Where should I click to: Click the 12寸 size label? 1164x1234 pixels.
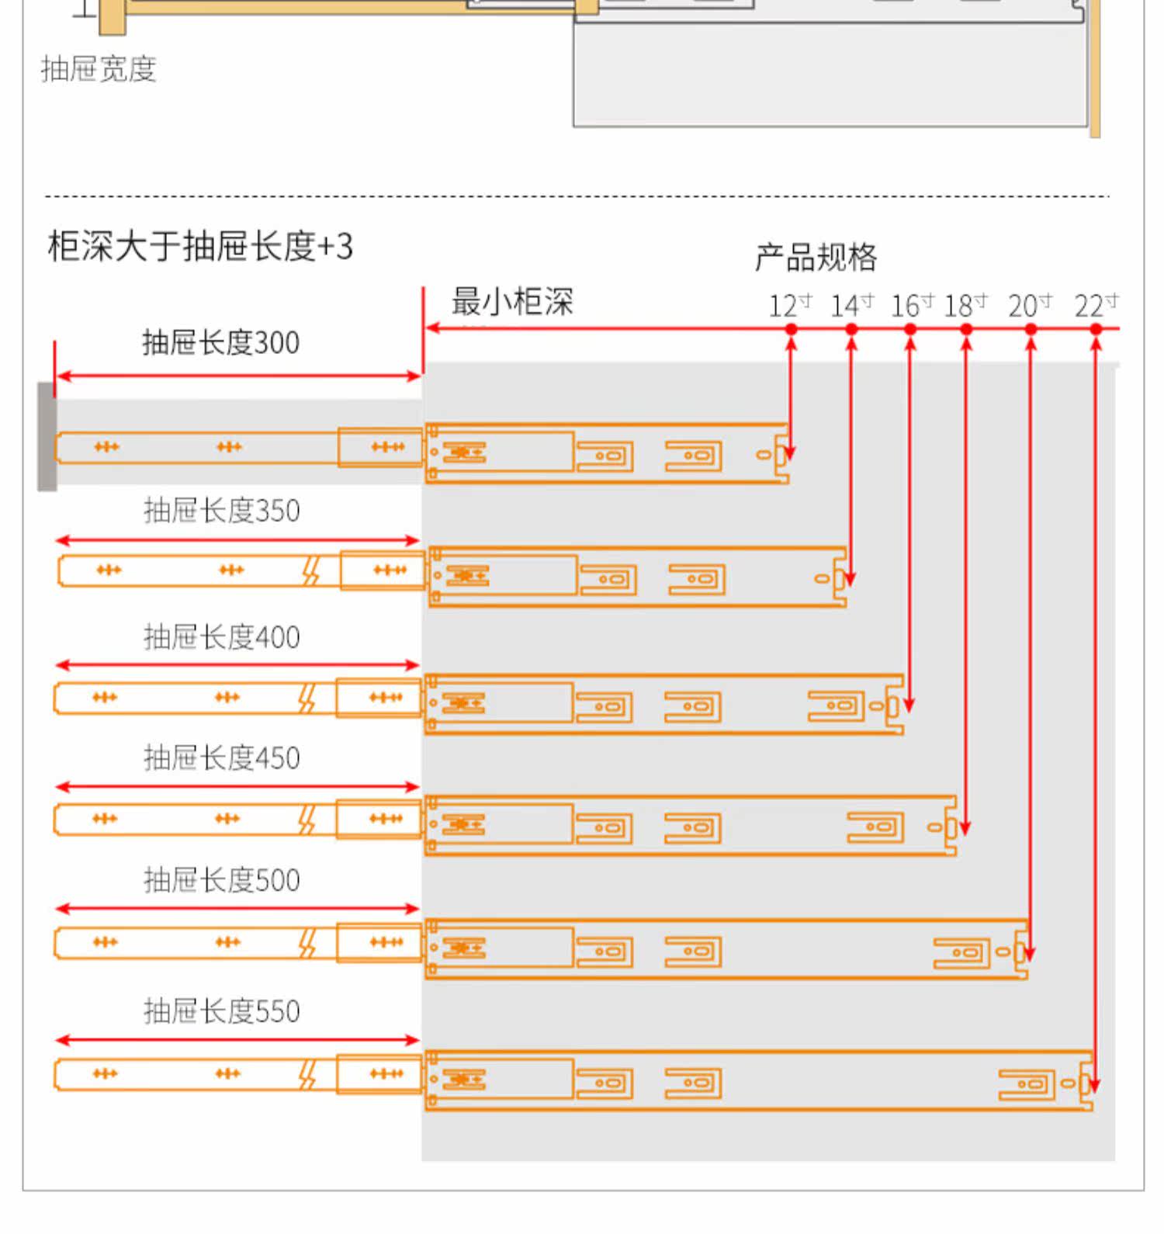(789, 305)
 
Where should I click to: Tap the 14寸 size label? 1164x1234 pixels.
(851, 305)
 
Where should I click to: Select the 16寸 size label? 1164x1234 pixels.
(911, 305)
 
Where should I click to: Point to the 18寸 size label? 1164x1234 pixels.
(965, 305)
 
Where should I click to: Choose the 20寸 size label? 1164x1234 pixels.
(1030, 305)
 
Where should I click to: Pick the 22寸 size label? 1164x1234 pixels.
(1096, 305)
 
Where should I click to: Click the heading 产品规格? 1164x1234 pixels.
(816, 257)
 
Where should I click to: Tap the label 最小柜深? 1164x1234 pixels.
(512, 301)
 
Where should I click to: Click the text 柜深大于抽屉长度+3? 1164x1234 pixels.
(200, 246)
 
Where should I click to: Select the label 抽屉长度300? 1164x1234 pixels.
(220, 342)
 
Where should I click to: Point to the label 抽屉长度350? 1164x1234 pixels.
(221, 511)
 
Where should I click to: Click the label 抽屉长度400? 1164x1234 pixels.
(221, 637)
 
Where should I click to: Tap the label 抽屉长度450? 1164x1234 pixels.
(221, 757)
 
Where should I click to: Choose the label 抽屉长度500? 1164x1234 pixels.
(221, 880)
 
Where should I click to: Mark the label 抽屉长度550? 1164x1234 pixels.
(221, 1011)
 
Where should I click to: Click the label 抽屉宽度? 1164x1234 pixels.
(99, 69)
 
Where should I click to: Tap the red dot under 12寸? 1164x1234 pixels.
(791, 329)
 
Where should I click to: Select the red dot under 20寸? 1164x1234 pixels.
(1031, 329)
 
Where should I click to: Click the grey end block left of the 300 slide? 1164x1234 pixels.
(47, 436)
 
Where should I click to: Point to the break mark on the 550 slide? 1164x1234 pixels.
(308, 1075)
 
